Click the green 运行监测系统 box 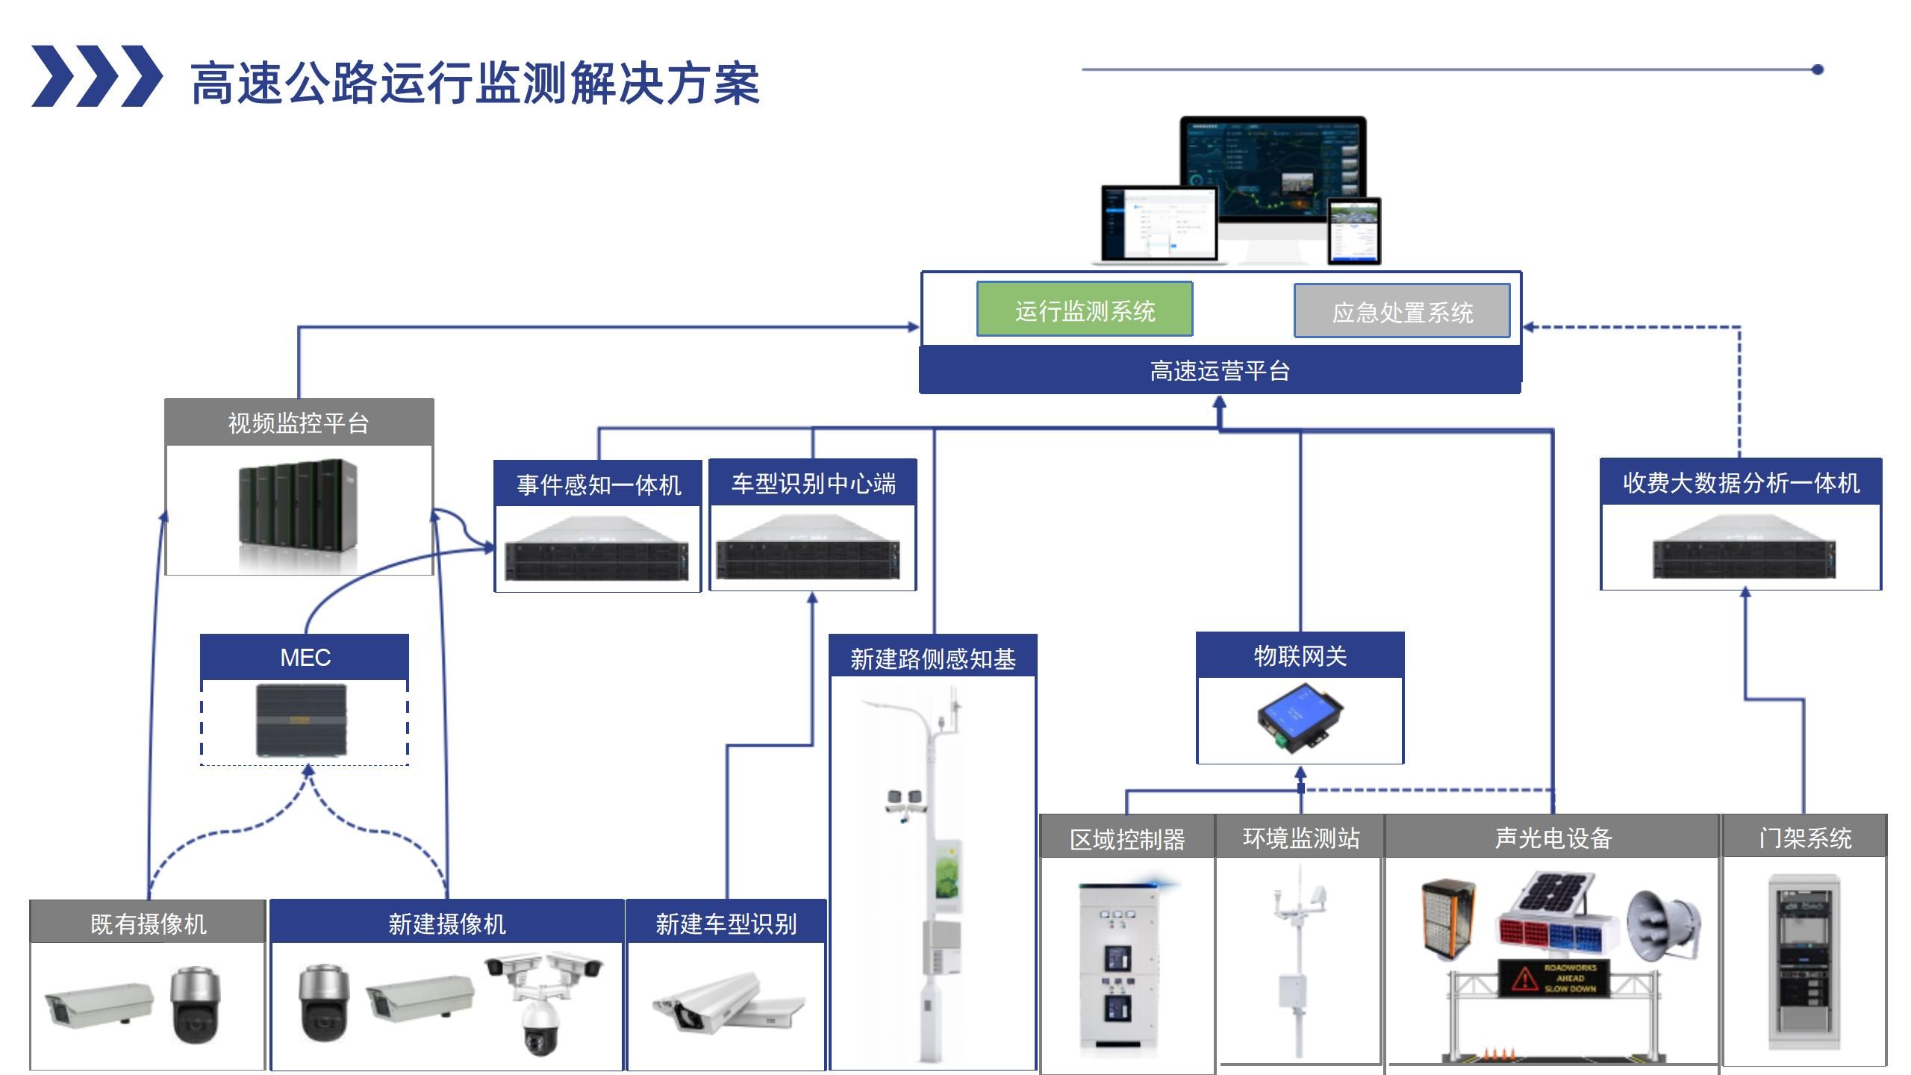[x=1084, y=310]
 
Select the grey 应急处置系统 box [x=1401, y=311]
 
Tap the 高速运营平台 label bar [x=1220, y=371]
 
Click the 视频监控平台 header [x=299, y=423]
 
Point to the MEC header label [x=305, y=657]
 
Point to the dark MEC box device [x=302, y=721]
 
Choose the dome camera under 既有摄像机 [x=196, y=1005]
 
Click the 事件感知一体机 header [x=598, y=484]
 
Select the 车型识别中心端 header [x=813, y=483]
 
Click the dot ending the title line [x=1818, y=69]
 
